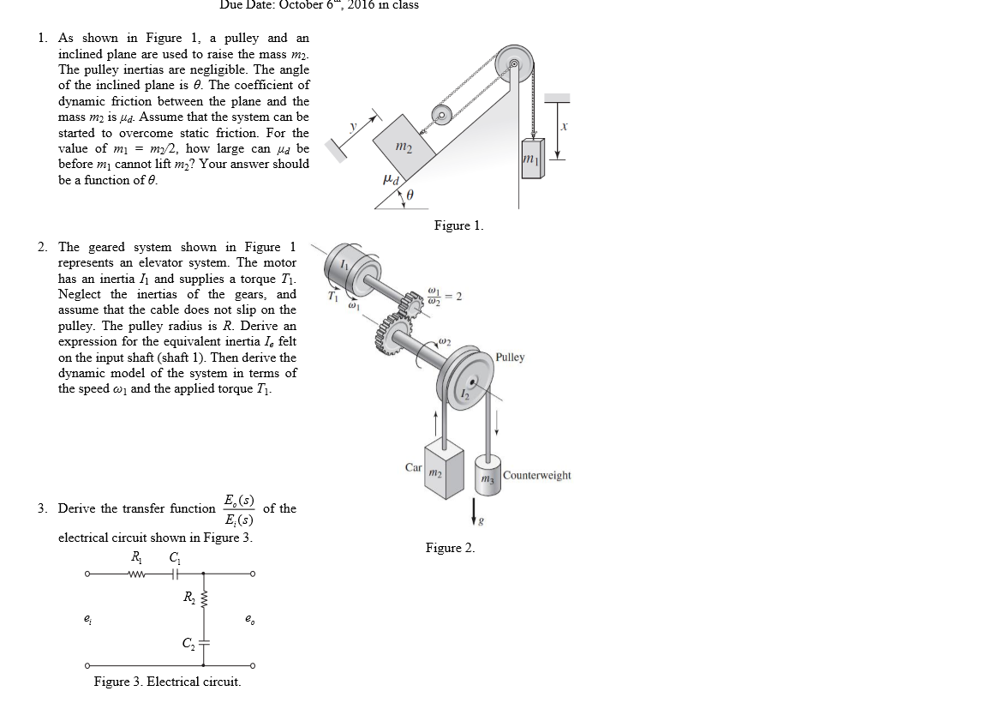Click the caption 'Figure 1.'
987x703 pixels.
[458, 225]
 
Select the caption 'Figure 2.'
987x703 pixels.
[450, 548]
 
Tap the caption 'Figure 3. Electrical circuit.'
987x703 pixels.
[167, 682]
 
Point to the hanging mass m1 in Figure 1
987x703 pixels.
[531, 159]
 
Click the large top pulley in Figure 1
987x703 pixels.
[513, 63]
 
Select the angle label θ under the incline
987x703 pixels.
[410, 196]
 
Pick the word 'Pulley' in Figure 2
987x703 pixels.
[510, 358]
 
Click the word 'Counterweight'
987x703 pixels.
[537, 475]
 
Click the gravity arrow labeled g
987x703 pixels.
[473, 510]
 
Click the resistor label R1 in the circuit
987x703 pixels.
[135, 556]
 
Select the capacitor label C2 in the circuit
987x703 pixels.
[186, 642]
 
